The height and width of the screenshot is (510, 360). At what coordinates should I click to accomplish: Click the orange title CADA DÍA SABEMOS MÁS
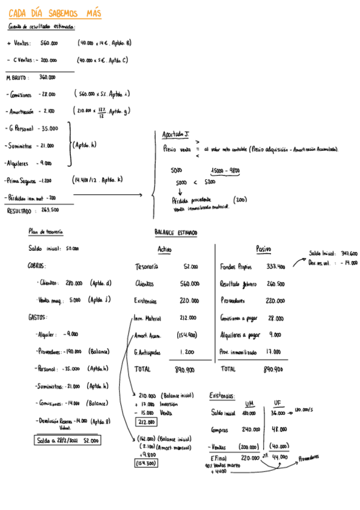55,14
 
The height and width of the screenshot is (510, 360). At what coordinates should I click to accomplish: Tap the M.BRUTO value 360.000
47,77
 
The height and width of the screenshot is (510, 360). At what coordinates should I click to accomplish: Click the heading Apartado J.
175,134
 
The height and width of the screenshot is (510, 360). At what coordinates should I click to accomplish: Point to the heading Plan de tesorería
46,232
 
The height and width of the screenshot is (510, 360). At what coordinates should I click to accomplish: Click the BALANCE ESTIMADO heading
175,233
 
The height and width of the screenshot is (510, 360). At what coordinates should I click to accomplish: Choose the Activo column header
165,250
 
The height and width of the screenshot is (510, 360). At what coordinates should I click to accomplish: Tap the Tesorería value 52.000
191,266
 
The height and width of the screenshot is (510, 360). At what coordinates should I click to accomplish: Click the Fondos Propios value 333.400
275,266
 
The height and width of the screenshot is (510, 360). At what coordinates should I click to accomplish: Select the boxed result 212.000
146,422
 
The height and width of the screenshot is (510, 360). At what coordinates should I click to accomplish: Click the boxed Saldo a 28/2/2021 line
67,441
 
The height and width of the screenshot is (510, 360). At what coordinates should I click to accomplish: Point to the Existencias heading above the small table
222,395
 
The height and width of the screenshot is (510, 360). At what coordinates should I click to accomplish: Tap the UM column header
249,404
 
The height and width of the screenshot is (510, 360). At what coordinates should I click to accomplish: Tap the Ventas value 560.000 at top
49,43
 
